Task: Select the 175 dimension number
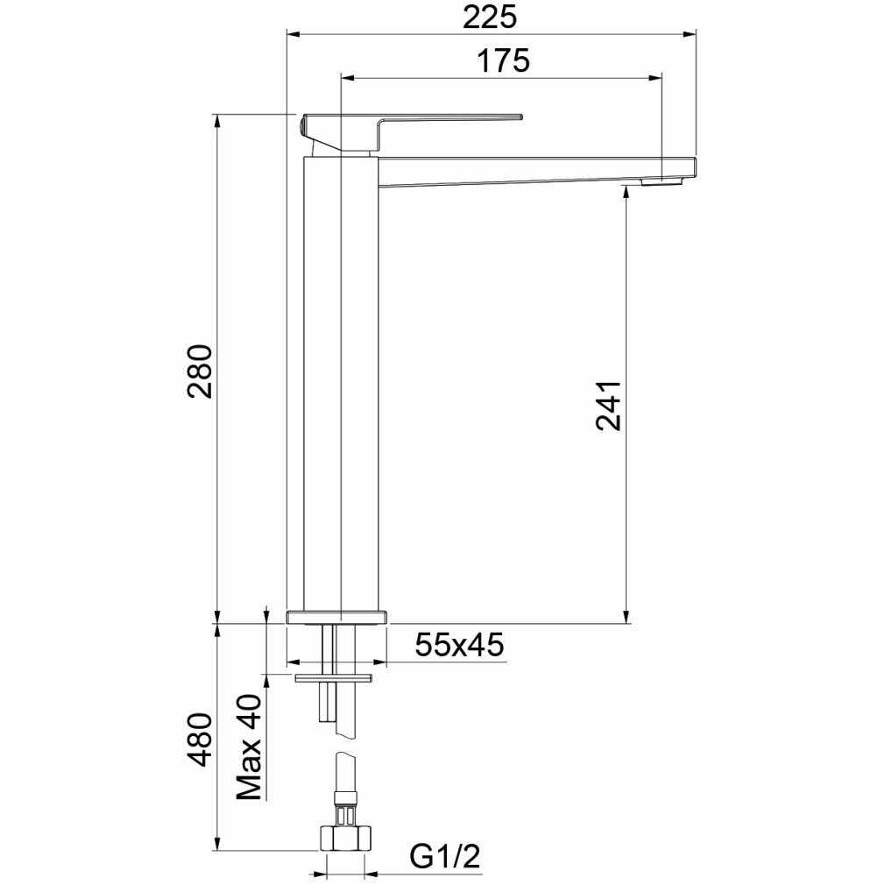click(x=504, y=60)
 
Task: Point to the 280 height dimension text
click(x=201, y=371)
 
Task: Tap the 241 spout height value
click(x=609, y=406)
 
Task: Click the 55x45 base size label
click(x=459, y=645)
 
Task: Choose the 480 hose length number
click(x=201, y=740)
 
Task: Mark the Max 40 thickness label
click(x=249, y=747)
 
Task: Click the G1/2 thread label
click(x=445, y=857)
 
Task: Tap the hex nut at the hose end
click(x=346, y=838)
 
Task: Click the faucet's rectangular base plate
click(x=337, y=616)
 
